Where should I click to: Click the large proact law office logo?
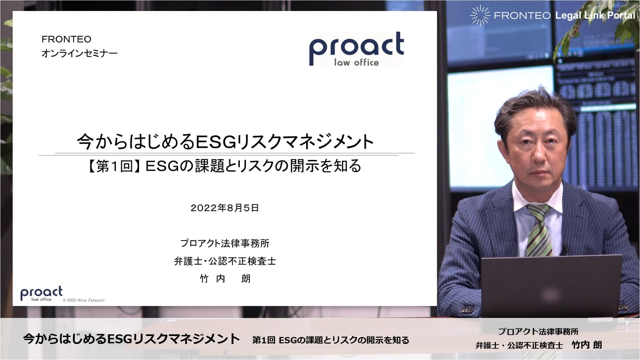(x=356, y=49)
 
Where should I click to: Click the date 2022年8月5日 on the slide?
(x=225, y=208)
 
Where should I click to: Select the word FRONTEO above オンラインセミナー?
(x=66, y=39)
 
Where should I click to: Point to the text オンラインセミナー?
(x=80, y=53)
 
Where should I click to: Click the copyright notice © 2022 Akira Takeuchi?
(x=84, y=300)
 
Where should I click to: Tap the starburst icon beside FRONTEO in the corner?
(x=480, y=15)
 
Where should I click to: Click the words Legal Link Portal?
(x=595, y=15)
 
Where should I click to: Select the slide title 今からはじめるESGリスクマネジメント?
(x=225, y=141)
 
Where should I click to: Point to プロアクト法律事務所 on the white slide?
(x=225, y=243)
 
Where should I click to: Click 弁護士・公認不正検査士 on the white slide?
(x=225, y=261)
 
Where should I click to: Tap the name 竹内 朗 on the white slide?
(x=225, y=279)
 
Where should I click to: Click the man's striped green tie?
(x=539, y=230)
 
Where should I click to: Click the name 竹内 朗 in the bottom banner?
(x=587, y=345)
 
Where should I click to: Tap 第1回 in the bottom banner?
(x=264, y=340)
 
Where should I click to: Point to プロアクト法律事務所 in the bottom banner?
(x=538, y=332)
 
